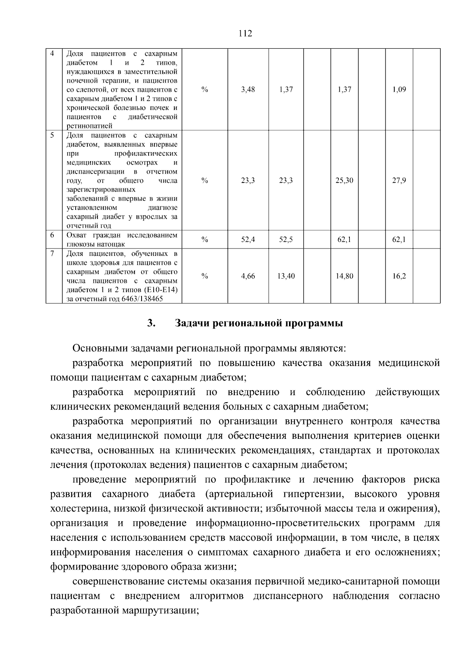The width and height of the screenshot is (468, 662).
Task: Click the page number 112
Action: [245, 33]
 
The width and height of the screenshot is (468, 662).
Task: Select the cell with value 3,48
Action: [248, 89]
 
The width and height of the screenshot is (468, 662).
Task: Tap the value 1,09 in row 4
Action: [399, 89]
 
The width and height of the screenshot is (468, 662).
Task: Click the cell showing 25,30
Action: [344, 181]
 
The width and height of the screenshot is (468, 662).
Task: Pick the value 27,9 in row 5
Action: [399, 181]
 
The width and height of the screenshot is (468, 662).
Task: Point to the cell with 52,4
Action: [248, 240]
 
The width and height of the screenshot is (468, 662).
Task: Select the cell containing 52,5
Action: [286, 240]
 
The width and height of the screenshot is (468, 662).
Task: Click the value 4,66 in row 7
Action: [248, 276]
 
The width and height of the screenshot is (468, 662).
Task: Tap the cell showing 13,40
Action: [286, 276]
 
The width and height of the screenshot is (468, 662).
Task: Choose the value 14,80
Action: [344, 276]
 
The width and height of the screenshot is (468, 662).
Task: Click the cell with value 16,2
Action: [399, 276]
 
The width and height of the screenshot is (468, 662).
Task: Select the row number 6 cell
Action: [52, 235]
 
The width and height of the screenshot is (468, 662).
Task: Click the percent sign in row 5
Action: [205, 181]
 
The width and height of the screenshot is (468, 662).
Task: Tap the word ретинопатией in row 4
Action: [89, 126]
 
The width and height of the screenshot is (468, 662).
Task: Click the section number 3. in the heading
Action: [152, 323]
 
